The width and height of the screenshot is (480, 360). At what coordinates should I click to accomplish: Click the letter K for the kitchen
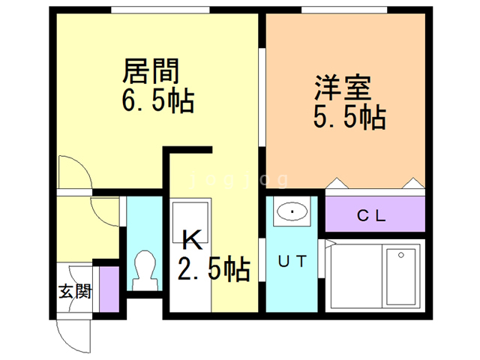tap(192, 241)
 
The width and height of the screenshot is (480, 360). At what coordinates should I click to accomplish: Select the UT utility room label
tap(292, 262)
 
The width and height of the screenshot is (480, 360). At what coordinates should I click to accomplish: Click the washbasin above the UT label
tap(292, 212)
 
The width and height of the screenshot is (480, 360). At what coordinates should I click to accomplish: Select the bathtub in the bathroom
tap(403, 274)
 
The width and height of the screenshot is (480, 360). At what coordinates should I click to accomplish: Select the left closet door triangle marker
tap(337, 184)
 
